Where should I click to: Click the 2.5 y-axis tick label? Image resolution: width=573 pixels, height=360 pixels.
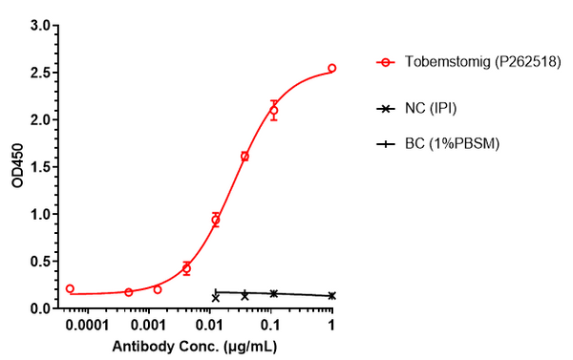[39, 73]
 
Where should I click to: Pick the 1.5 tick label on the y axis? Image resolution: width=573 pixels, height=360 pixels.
[39, 167]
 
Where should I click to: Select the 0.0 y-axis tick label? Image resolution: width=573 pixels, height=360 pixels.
[39, 308]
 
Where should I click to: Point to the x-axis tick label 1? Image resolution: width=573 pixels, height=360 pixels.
[331, 326]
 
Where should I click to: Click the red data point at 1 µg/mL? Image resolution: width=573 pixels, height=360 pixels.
[331, 69]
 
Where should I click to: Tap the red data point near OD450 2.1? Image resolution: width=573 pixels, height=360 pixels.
[273, 111]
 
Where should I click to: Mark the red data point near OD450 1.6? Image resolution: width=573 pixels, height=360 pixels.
[244, 156]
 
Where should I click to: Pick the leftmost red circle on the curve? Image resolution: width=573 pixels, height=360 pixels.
[70, 288]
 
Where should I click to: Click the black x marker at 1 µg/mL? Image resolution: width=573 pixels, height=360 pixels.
[331, 296]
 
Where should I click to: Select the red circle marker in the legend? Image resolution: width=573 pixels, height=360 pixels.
[385, 63]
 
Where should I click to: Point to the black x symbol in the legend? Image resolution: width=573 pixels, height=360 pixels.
[385, 109]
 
